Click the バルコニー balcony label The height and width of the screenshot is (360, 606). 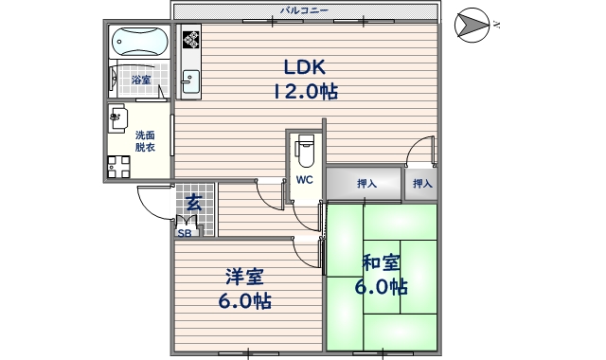pyautogui.click(x=304, y=10)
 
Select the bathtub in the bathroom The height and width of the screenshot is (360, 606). pyautogui.click(x=138, y=42)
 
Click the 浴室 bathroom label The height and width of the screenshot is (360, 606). pyautogui.click(x=141, y=81)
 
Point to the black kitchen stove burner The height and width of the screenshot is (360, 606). pyautogui.click(x=192, y=39)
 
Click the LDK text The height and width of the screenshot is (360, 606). pyautogui.click(x=304, y=67)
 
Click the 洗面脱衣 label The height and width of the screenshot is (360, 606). pyautogui.click(x=145, y=141)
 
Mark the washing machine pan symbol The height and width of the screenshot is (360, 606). pyautogui.click(x=117, y=166)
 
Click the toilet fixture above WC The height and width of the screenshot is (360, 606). pyautogui.click(x=304, y=149)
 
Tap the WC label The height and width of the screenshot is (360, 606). pyautogui.click(x=304, y=180)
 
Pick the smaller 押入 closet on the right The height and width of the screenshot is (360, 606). pyautogui.click(x=421, y=184)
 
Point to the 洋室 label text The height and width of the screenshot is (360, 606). pyautogui.click(x=245, y=278)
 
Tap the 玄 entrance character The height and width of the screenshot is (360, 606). pyautogui.click(x=193, y=202)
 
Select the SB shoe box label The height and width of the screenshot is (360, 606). pyautogui.click(x=184, y=231)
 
